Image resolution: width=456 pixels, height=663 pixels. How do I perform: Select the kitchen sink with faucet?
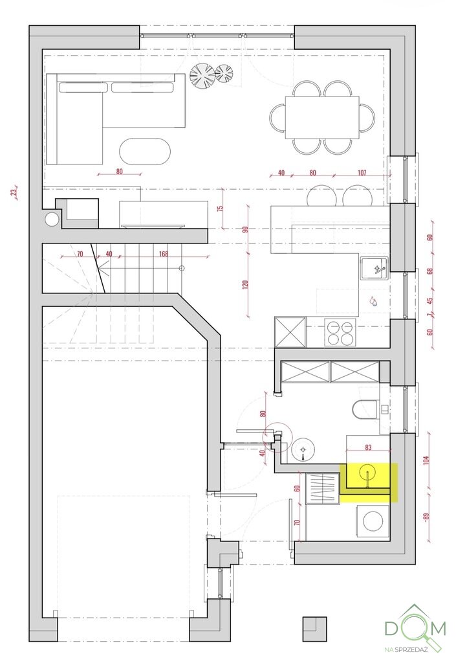tap(374, 267)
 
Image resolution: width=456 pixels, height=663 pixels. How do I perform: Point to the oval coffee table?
tap(145, 151)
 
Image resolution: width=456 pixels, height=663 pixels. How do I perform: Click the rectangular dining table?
tap(322, 117)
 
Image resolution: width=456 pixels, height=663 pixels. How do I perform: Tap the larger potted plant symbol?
tap(202, 76)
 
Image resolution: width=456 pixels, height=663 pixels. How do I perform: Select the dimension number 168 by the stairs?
tap(164, 254)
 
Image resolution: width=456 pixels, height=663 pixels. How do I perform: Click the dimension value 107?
tap(362, 172)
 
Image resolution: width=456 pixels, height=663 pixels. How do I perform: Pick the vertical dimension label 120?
tap(246, 284)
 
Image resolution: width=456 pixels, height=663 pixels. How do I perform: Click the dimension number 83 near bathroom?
tap(368, 447)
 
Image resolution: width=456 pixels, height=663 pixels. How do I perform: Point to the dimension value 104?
tap(426, 459)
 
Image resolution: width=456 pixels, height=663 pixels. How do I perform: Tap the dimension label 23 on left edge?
tap(14, 192)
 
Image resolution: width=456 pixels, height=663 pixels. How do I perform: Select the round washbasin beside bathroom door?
tap(303, 449)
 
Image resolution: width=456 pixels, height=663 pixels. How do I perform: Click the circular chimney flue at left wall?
tap(52, 219)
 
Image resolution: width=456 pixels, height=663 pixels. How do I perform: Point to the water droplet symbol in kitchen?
tap(373, 300)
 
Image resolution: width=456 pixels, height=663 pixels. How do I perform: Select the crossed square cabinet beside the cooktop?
tap(290, 332)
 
